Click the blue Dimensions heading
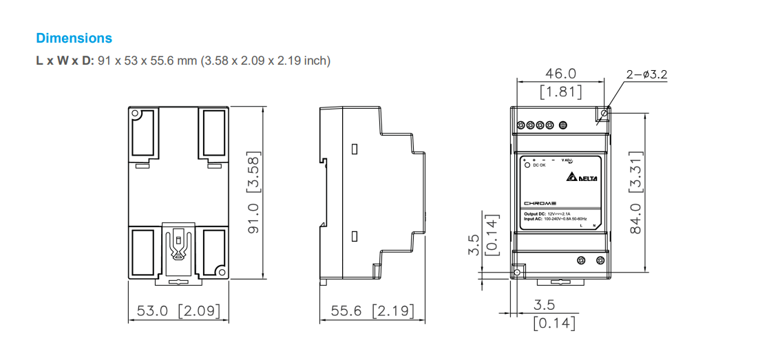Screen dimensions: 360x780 [74, 38]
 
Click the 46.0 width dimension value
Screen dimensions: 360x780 [560, 74]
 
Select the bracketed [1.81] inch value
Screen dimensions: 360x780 [560, 91]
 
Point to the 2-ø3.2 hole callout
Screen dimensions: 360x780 [646, 74]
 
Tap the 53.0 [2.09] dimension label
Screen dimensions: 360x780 [178, 311]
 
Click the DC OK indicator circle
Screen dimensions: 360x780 [527, 165]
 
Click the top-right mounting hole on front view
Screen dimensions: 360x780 [605, 112]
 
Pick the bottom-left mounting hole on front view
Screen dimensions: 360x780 [518, 273]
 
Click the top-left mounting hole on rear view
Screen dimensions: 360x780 [136, 113]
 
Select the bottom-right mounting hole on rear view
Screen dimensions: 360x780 [221, 271]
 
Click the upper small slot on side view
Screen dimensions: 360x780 [355, 149]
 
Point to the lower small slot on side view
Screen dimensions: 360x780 [355, 236]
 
